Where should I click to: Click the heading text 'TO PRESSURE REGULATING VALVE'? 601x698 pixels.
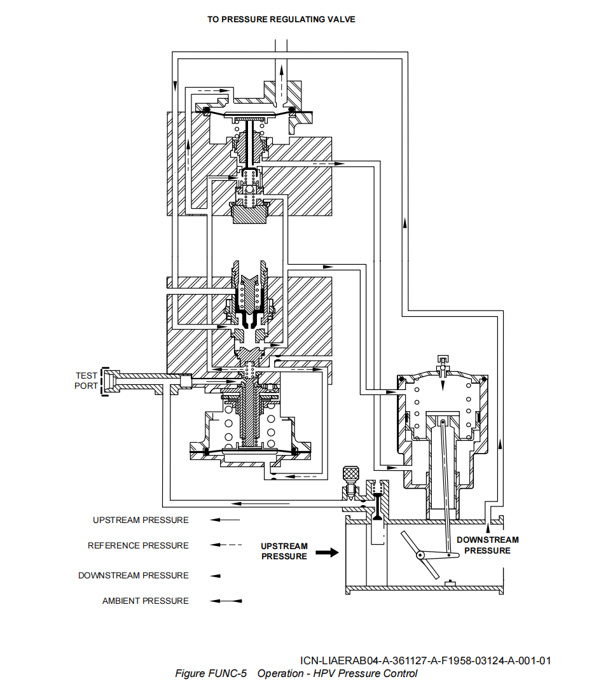click(x=281, y=19)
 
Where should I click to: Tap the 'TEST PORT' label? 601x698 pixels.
click(x=86, y=380)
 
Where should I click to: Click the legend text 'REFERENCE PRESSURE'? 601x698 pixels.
click(x=138, y=545)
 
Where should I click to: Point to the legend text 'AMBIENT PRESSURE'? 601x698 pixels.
click(x=145, y=601)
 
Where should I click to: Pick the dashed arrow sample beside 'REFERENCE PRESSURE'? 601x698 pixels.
click(x=226, y=545)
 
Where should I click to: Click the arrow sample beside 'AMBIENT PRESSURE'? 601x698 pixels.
click(x=226, y=601)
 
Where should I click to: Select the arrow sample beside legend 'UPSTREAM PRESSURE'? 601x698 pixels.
click(x=226, y=520)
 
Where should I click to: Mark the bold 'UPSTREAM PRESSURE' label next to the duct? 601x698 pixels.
click(x=284, y=551)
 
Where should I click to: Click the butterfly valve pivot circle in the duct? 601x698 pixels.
click(x=421, y=555)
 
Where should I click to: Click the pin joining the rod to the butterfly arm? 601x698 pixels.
click(x=456, y=556)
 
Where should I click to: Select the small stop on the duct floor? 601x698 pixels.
click(x=450, y=582)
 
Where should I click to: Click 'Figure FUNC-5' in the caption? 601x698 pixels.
click(x=211, y=674)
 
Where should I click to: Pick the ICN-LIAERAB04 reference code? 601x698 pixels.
click(x=425, y=660)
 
